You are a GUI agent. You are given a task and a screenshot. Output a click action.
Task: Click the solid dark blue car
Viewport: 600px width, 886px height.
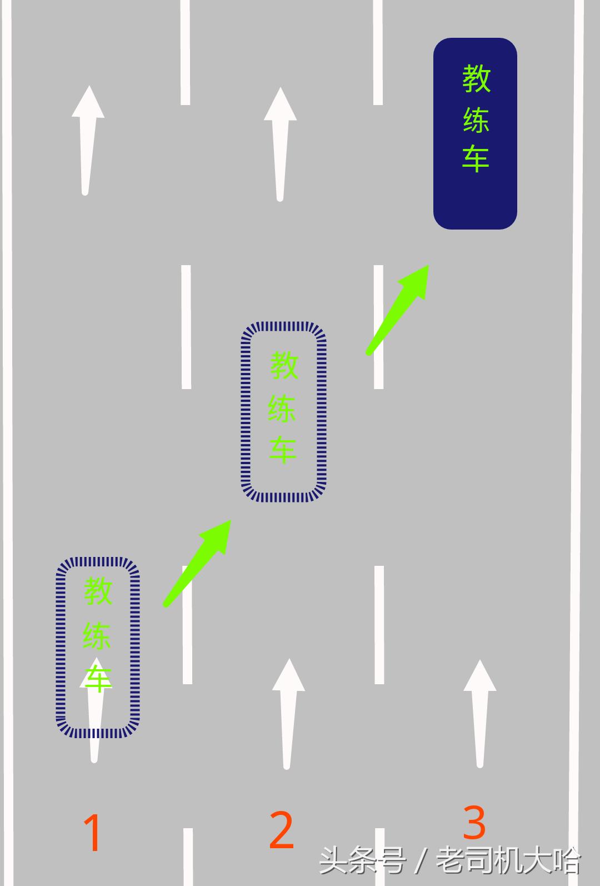pos(475,134)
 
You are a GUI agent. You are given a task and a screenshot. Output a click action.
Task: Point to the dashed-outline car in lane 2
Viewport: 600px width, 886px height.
pos(283,412)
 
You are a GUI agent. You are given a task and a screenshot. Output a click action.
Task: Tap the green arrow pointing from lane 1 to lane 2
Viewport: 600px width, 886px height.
pos(197,564)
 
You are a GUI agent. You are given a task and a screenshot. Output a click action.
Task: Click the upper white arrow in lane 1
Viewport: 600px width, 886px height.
pos(88,141)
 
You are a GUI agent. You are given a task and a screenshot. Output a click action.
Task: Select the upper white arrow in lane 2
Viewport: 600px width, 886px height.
pos(280,144)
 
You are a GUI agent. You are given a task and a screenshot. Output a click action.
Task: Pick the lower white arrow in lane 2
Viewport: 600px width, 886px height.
pos(288,714)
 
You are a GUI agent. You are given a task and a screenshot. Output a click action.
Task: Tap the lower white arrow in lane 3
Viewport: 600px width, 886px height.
pos(480,714)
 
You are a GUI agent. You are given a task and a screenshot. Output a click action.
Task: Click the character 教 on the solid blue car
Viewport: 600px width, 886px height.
pos(476,79)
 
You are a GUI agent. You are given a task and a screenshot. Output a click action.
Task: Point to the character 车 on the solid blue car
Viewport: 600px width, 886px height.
pos(476,158)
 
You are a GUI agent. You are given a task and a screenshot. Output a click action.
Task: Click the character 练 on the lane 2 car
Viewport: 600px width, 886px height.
pos(282,409)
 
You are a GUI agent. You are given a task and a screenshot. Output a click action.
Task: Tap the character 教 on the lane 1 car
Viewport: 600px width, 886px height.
pos(98,590)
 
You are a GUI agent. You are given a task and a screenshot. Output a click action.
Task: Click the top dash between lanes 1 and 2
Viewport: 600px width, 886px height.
pos(185,52)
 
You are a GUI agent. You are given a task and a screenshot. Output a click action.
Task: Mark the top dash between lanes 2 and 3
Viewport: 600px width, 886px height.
pos(378,52)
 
